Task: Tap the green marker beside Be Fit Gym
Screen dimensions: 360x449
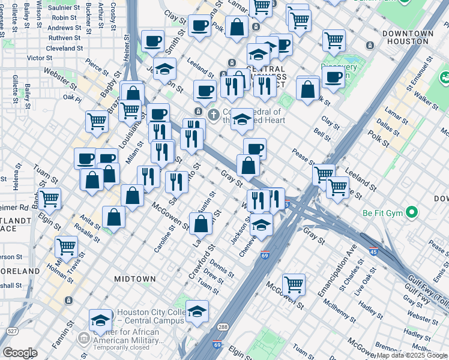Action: (x=411, y=212)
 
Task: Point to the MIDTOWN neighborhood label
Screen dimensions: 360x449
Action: (x=135, y=279)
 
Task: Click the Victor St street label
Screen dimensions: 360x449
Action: (x=40, y=58)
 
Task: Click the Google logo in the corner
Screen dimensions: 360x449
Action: (x=20, y=353)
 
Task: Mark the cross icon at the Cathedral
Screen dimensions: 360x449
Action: (x=212, y=114)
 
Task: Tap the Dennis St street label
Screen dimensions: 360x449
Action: (x=222, y=266)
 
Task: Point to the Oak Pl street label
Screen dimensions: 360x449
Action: (x=72, y=97)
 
